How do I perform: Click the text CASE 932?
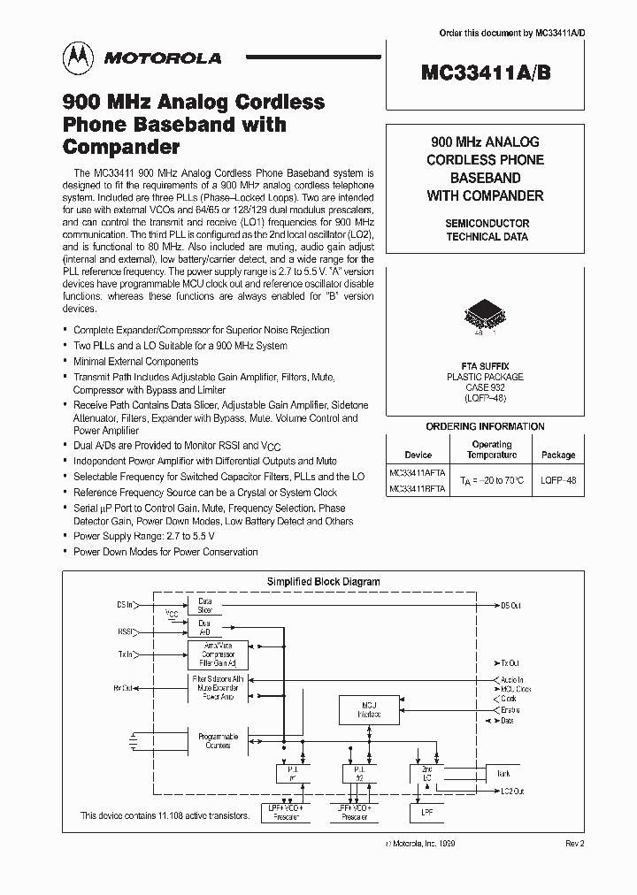(485, 387)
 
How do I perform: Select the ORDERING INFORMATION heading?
(485, 426)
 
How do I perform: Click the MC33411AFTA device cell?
(417, 472)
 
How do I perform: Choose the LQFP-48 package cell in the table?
(557, 480)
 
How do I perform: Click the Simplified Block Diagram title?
(323, 582)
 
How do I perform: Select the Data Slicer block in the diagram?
(204, 604)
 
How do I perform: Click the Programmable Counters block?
(218, 740)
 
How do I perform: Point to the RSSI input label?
(127, 632)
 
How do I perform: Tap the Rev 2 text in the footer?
(575, 845)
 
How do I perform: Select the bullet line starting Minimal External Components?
(136, 361)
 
